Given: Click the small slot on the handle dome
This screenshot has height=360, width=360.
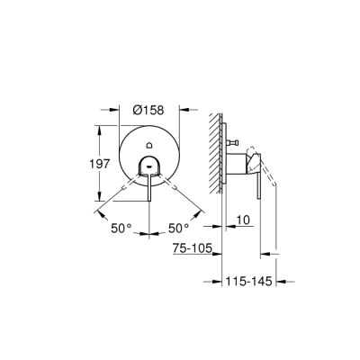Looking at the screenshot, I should [149, 165].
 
